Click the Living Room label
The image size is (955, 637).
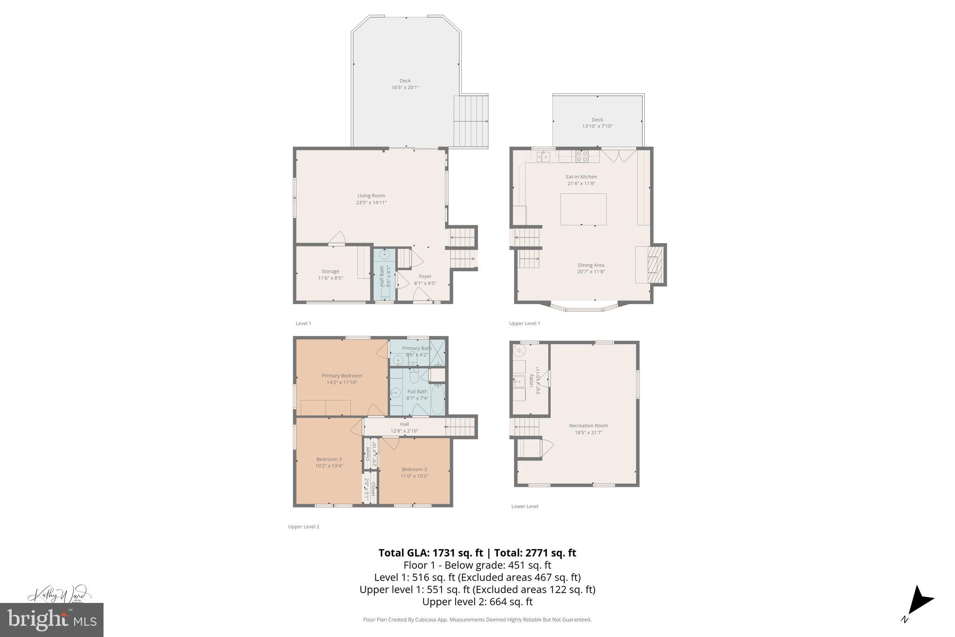click(371, 196)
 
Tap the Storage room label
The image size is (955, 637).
click(330, 271)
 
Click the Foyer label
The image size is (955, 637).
click(425, 276)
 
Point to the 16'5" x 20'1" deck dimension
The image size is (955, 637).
click(405, 87)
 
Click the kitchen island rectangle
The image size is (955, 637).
click(583, 209)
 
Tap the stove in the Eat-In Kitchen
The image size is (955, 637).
click(581, 156)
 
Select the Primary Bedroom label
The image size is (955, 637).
click(342, 376)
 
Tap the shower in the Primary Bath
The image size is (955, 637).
click(437, 352)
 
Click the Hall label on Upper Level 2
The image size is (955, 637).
click(404, 424)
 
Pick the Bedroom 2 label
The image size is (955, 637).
click(414, 469)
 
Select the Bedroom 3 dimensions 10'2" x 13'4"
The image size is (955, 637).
click(329, 466)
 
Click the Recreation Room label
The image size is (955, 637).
click(588, 426)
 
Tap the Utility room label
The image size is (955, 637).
click(531, 380)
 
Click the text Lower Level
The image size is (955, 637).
click(525, 506)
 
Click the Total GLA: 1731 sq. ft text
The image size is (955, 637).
click(430, 553)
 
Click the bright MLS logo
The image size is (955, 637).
click(52, 620)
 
